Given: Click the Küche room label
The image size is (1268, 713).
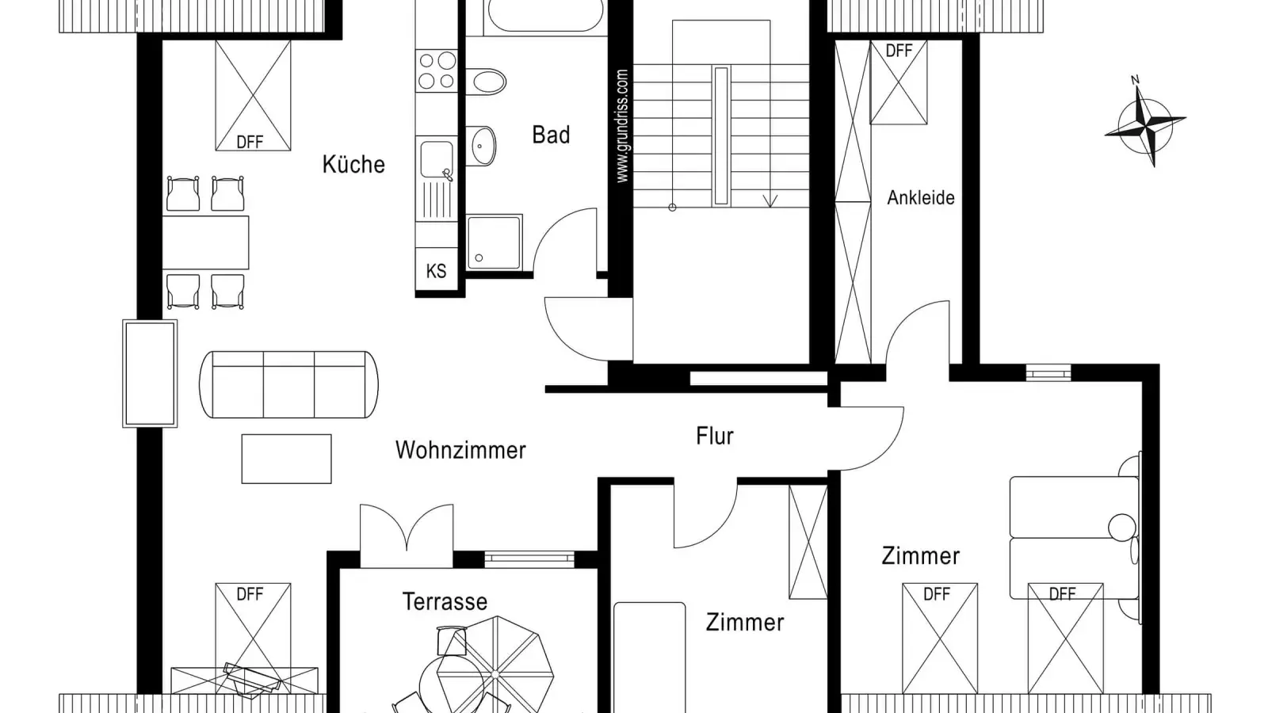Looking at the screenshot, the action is pos(353,164).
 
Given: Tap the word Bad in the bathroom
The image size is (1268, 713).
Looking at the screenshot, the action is pos(551,135).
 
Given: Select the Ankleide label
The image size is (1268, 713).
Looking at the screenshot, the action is pos(920,197).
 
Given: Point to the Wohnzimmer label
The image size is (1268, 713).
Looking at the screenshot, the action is pos(460,451).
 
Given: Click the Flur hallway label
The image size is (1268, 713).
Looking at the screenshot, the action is pos(714,436).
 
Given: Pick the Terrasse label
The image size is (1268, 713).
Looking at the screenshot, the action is pos(445,601).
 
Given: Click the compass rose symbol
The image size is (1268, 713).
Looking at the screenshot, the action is pos(1144,126).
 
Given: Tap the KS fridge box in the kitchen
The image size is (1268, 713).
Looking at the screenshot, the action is pos(437,270).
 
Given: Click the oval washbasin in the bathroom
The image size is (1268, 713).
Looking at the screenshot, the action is pos(480,146).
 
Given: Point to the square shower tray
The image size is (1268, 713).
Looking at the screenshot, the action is pos(495,242).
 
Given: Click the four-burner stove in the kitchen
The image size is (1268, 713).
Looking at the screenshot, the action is pos(437,71).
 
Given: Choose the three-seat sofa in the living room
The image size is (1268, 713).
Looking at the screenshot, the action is pos(288,385).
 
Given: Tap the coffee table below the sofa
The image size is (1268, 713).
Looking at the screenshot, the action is pos(286,459).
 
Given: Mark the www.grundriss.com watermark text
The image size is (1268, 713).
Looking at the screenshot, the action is pos(622,126).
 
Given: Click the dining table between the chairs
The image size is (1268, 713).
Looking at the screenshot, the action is pos(205,242).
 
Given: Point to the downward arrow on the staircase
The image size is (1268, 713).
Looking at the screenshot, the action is pos(770,201).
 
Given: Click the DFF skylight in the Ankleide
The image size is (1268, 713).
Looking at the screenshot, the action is pos(899,82).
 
